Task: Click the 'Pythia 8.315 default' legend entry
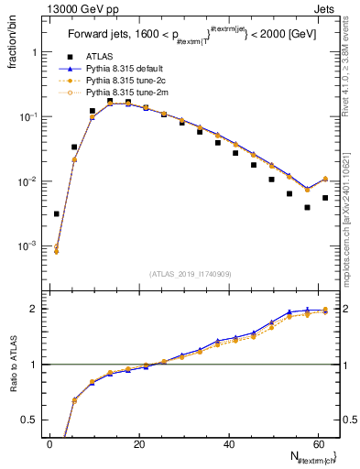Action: coord(128,68)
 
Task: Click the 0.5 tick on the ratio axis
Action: coord(31,420)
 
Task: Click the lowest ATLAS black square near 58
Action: coord(307,207)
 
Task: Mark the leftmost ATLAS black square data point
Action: coord(57,213)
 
